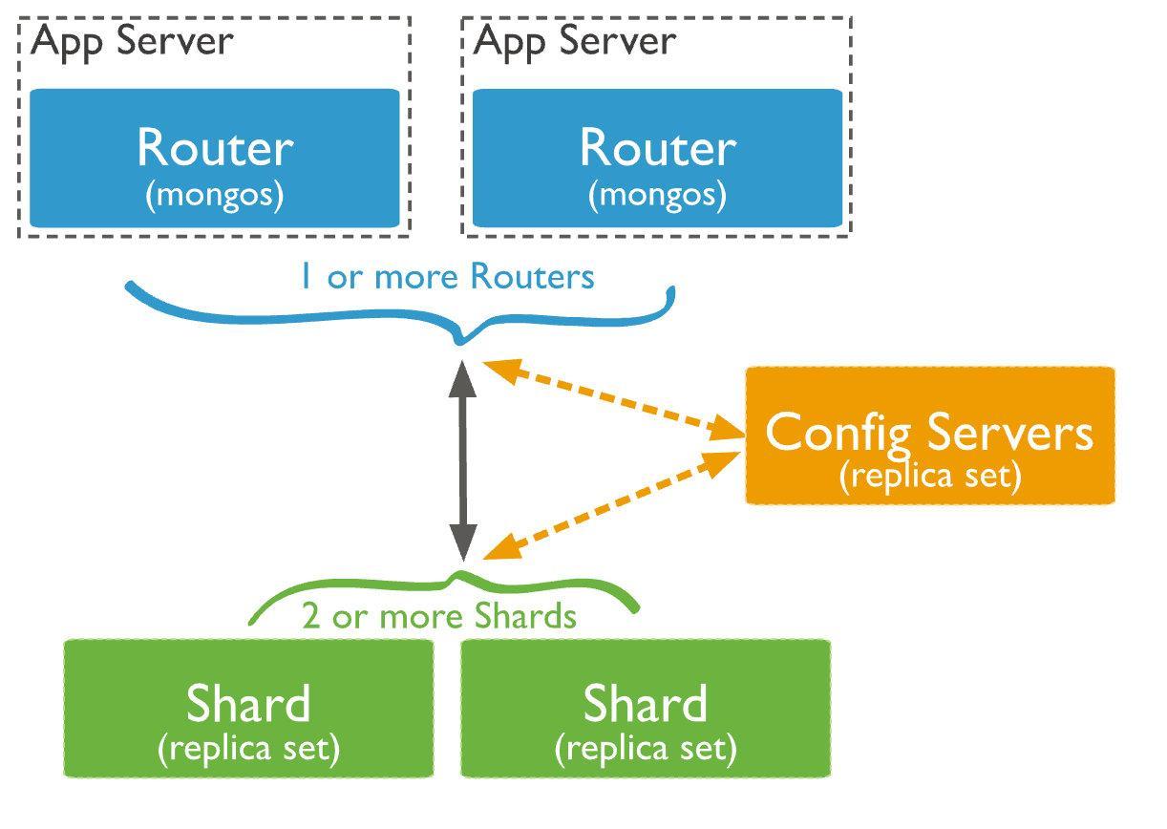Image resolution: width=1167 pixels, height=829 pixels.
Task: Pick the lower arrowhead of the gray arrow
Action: tap(463, 546)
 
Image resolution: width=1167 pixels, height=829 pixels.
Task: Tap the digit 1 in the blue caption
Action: tap(305, 277)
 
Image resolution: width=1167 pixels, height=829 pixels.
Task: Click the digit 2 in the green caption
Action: tap(311, 616)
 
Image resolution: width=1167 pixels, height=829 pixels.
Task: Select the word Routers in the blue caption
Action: tap(532, 277)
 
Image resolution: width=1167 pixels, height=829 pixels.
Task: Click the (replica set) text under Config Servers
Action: tap(929, 475)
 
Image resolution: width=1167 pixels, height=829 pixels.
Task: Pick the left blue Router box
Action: tap(214, 159)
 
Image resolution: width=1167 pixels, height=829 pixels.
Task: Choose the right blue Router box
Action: tap(657, 159)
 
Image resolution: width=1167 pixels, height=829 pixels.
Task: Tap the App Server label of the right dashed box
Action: tap(574, 41)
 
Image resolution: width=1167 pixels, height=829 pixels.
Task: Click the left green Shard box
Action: tap(248, 708)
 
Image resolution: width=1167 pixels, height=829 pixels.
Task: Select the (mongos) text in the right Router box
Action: tap(657, 195)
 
